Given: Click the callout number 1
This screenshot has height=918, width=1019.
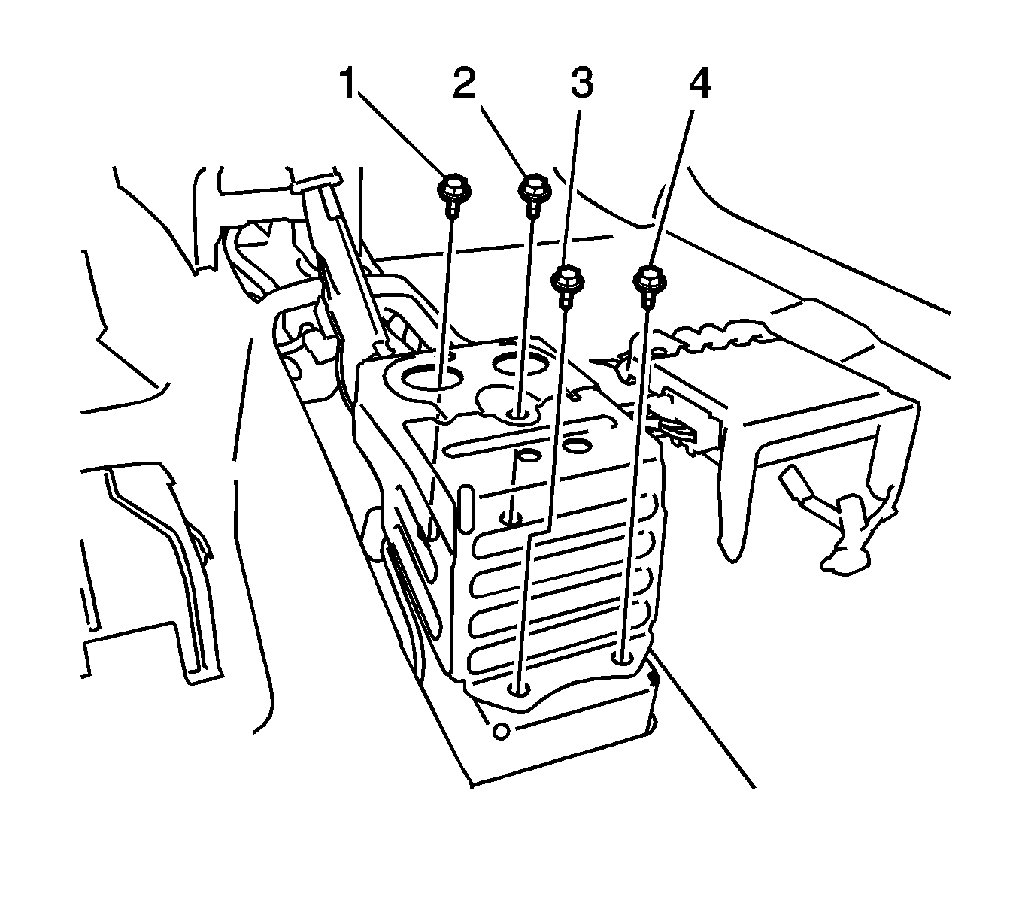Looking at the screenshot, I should pyautogui.click(x=347, y=84).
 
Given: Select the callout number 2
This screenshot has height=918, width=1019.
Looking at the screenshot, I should pyautogui.click(x=464, y=84).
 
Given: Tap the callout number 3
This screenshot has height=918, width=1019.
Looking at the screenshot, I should pyautogui.click(x=581, y=84).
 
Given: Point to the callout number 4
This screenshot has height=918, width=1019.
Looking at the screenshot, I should pyautogui.click(x=699, y=84).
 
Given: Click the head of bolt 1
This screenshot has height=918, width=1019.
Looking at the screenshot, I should pyautogui.click(x=450, y=186).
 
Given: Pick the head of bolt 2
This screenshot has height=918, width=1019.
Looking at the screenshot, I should pyautogui.click(x=533, y=186).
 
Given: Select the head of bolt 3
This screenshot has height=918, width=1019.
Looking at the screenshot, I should pyautogui.click(x=566, y=280).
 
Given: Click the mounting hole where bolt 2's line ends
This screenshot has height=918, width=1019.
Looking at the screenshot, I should pyautogui.click(x=520, y=414).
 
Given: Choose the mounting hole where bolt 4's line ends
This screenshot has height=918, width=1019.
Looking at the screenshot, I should pyautogui.click(x=622, y=659).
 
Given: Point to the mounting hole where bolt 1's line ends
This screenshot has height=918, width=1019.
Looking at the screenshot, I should pyautogui.click(x=427, y=533).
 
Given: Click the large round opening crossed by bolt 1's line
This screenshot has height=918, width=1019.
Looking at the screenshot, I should pyautogui.click(x=432, y=374).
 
